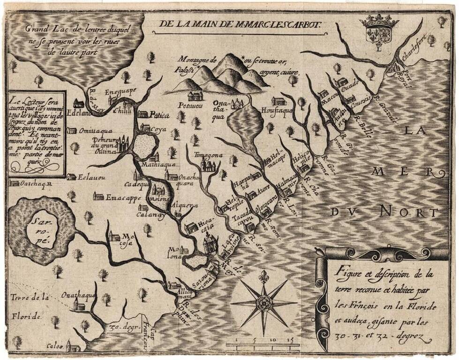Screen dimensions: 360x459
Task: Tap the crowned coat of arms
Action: (x=378, y=31)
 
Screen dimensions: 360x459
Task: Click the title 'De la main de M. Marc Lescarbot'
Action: (x=240, y=24)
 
